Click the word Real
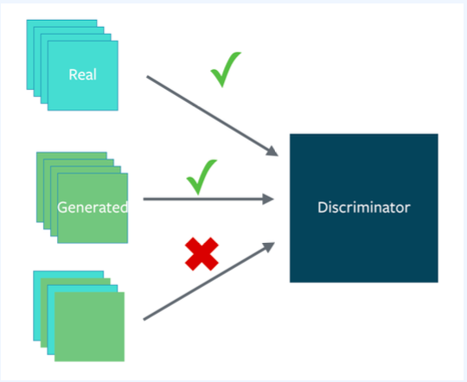(82, 74)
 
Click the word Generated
(93, 207)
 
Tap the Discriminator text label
(364, 207)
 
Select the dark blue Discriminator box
(364, 208)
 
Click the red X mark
(202, 254)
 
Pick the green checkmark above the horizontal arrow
(202, 177)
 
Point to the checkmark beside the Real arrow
(226, 69)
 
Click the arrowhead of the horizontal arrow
(268, 199)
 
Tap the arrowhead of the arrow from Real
(272, 151)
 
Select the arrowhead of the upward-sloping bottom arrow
(270, 247)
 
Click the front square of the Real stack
(83, 76)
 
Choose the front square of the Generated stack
(93, 208)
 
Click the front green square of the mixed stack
(89, 327)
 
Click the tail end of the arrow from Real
(147, 77)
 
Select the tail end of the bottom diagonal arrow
(144, 320)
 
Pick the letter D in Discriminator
(322, 207)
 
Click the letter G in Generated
(62, 207)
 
